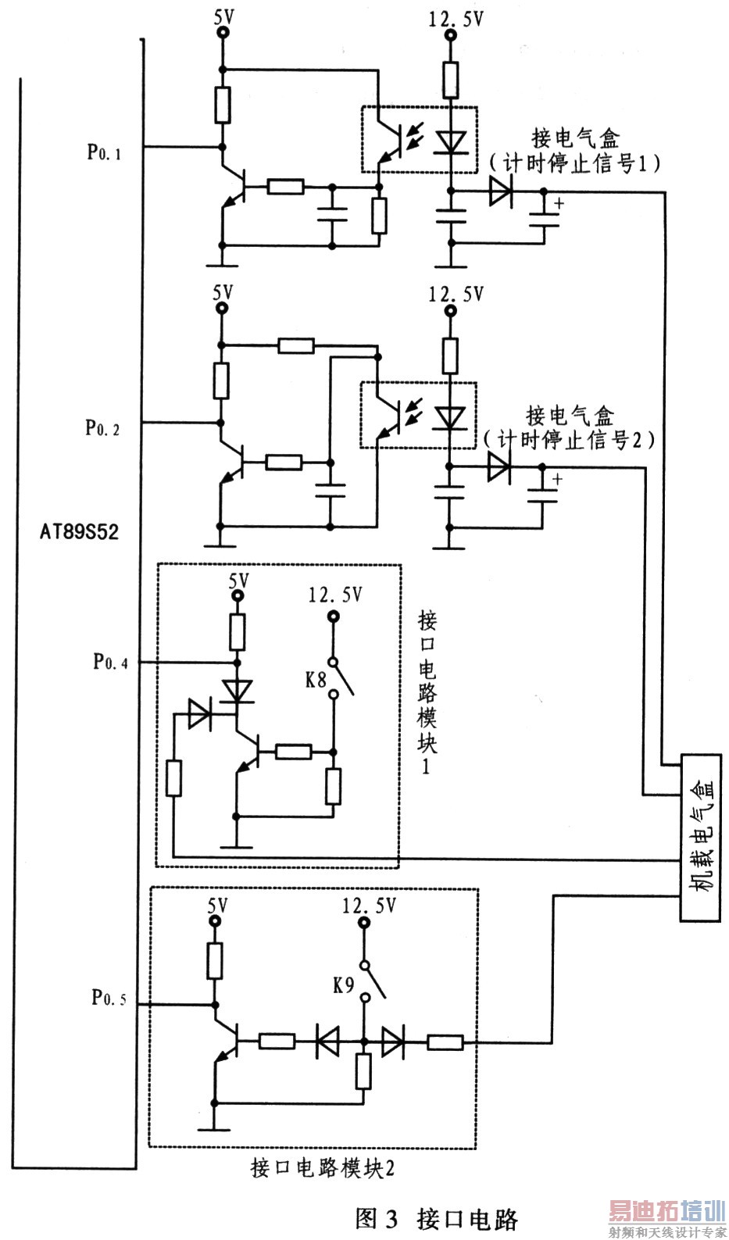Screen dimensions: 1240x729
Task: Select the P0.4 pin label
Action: (110, 662)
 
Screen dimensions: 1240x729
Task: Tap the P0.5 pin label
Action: (109, 997)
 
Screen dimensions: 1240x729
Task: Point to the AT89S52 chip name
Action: (80, 532)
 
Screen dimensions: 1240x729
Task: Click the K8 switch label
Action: (316, 680)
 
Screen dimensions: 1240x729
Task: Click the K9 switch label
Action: (344, 985)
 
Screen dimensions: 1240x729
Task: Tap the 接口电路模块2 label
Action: (322, 1167)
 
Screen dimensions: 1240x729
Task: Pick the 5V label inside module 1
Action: (238, 581)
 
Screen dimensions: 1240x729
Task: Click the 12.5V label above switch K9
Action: (369, 906)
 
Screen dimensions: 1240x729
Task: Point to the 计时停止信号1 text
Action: (575, 163)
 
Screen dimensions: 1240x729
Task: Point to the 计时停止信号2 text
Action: (569, 440)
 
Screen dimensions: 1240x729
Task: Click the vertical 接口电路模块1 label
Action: (427, 691)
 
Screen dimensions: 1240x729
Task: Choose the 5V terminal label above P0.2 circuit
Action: (223, 293)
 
